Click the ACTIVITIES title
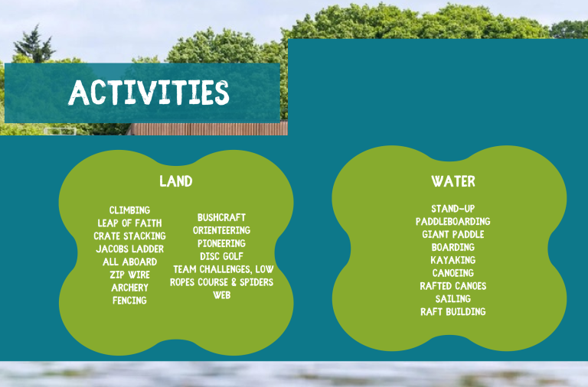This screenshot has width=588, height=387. (149, 93)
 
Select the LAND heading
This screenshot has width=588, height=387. (175, 181)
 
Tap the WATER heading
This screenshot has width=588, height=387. (452, 181)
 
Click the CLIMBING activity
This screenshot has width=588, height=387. (129, 210)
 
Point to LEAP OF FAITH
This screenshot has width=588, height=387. (129, 223)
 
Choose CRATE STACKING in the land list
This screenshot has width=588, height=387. (129, 236)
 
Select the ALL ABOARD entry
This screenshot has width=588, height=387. (129, 262)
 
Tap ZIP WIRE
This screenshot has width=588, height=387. (129, 275)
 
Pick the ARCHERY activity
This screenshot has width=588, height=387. (129, 288)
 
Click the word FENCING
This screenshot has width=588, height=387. (129, 301)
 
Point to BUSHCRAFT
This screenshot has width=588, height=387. (221, 217)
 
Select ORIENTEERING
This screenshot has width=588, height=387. (221, 230)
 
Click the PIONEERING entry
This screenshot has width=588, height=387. (221, 243)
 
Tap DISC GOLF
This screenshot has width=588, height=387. (221, 256)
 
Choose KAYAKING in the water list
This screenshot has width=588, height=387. (452, 260)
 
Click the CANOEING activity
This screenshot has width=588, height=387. (452, 273)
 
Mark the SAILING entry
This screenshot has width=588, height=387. (452, 299)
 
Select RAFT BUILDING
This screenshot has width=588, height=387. (452, 312)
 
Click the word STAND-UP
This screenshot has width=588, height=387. (452, 208)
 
